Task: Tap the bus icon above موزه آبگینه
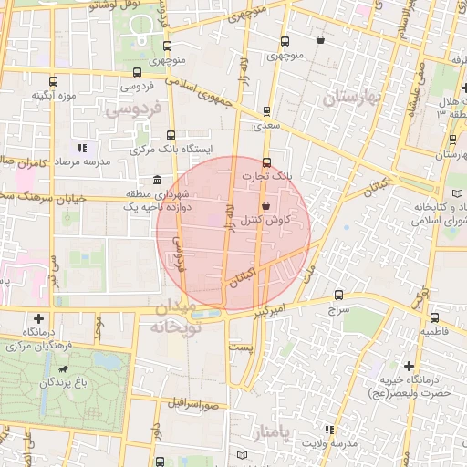tap(54, 79)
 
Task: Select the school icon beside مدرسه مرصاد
tap(81, 147)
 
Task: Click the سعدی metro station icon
tap(266, 112)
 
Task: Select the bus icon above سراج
tap(338, 295)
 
